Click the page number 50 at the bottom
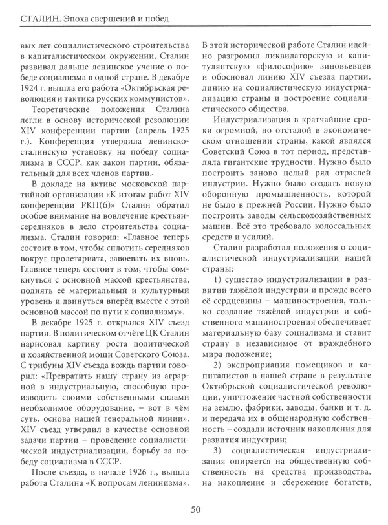point(195,509)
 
